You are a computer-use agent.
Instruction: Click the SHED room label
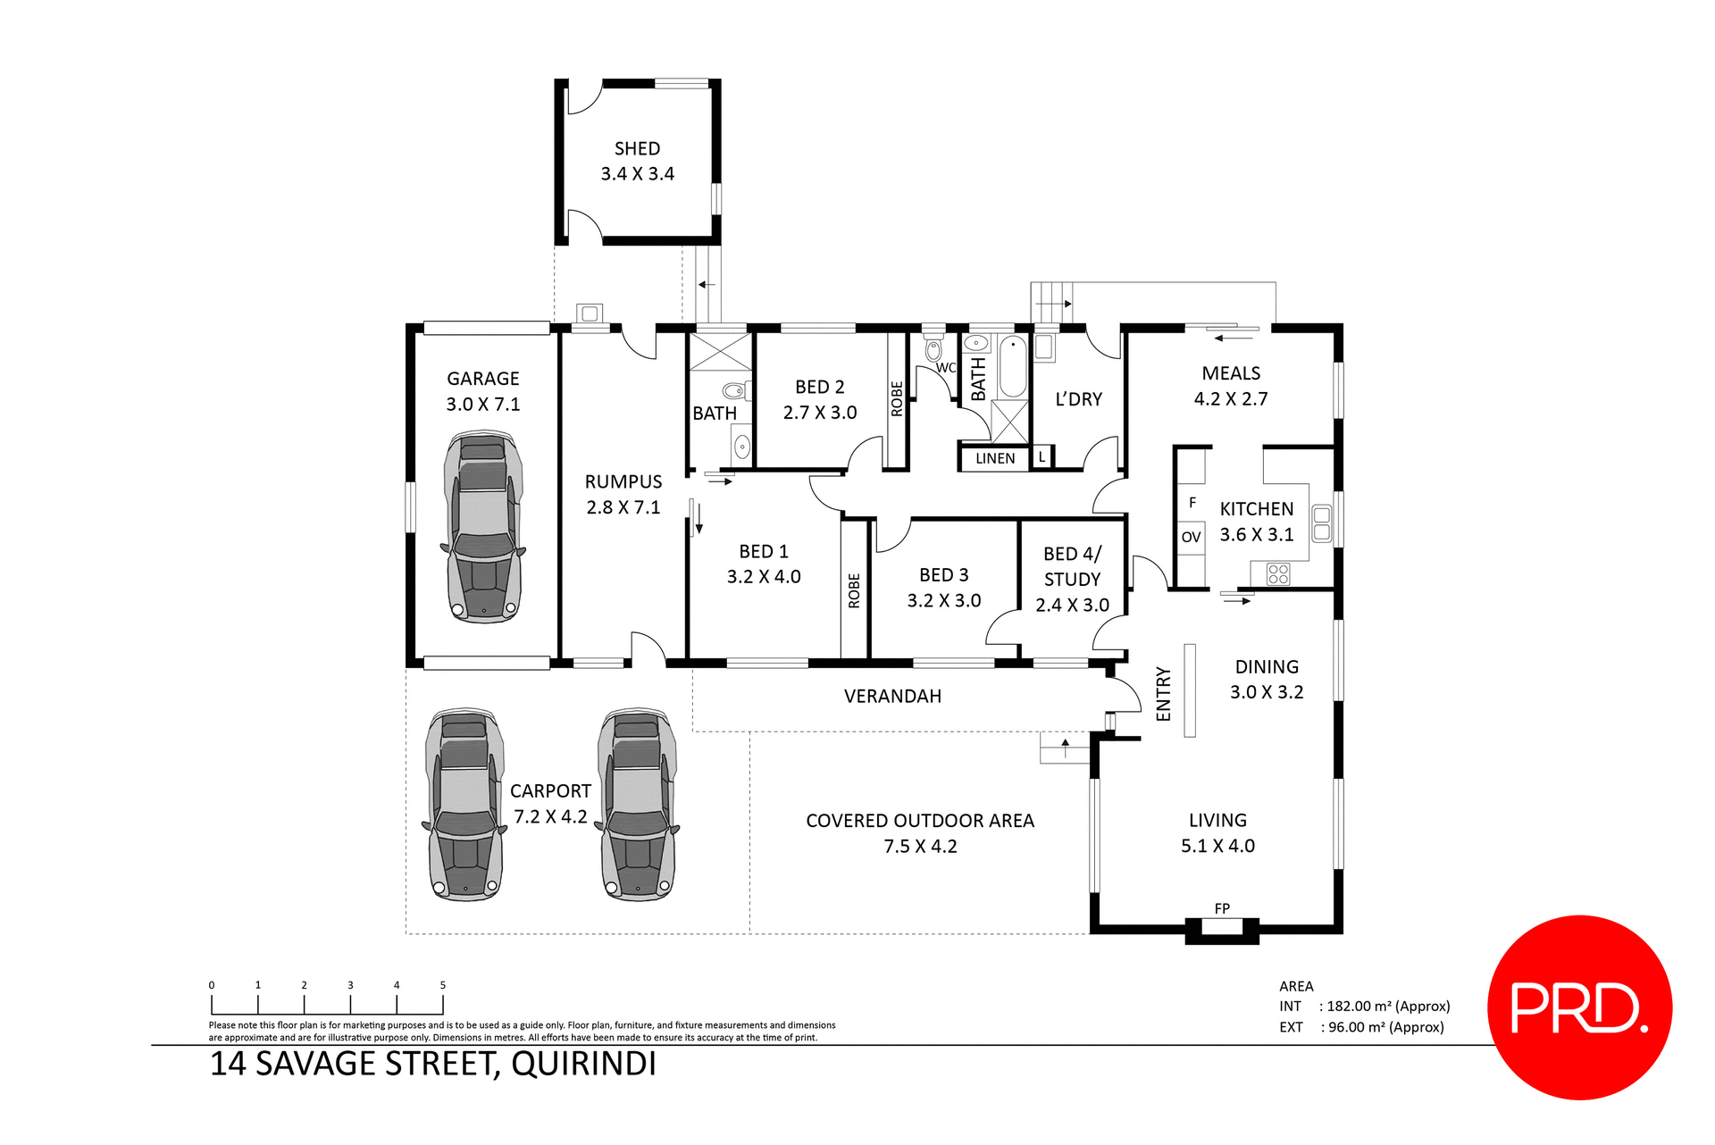[x=637, y=149]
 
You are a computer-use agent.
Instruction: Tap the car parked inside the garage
[x=483, y=527]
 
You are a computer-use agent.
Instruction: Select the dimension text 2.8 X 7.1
[x=623, y=507]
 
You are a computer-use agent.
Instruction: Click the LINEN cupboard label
[x=994, y=458]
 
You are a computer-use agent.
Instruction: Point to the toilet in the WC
[x=933, y=349]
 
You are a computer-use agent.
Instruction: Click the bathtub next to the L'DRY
[x=1012, y=366]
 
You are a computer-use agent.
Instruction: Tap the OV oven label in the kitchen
[x=1191, y=537]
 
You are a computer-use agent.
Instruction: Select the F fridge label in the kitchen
[x=1192, y=503]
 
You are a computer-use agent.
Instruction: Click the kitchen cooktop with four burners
[x=1278, y=573]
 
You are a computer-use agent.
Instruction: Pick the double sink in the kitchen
[x=1321, y=523]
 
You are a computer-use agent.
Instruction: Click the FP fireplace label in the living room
[x=1222, y=908]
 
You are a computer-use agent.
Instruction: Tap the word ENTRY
[x=1163, y=693]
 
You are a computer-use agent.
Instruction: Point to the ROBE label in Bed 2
[x=897, y=399]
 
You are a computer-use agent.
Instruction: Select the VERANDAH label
[x=892, y=697]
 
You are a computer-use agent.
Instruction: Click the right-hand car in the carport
[x=637, y=805]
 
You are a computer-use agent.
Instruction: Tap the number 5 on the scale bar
[x=442, y=985]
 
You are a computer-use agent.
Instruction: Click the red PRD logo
[x=1578, y=1007]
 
